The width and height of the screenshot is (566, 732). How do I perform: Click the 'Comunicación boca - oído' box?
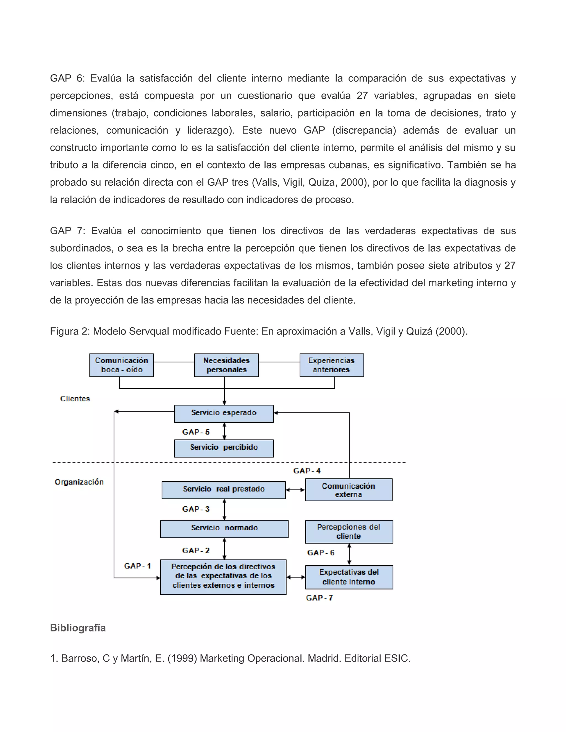(x=121, y=365)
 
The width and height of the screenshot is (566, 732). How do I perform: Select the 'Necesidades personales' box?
(x=226, y=365)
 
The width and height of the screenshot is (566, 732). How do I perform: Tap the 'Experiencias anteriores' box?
(x=331, y=365)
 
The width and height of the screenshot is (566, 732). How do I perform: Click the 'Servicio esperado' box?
(x=224, y=413)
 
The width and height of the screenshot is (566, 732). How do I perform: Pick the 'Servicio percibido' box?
(x=224, y=448)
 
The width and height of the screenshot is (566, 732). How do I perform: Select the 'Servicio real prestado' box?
(x=224, y=490)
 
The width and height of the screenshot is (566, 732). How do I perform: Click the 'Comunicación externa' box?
(x=348, y=490)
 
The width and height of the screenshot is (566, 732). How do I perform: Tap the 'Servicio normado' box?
(x=224, y=528)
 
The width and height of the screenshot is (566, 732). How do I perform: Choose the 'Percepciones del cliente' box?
(x=349, y=531)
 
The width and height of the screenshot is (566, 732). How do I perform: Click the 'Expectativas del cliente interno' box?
(x=349, y=577)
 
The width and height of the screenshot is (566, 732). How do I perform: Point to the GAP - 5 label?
(x=196, y=432)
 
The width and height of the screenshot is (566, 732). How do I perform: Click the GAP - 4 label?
(x=307, y=471)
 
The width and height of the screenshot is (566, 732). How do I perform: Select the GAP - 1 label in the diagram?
(x=137, y=566)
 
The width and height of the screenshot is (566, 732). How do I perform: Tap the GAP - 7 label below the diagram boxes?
(x=319, y=597)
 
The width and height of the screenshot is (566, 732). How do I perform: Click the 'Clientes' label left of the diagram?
(x=75, y=399)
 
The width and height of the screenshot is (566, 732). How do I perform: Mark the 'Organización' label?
(x=79, y=482)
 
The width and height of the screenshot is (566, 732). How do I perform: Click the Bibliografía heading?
(x=78, y=628)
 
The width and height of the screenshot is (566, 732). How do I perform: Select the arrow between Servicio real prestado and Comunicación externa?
(x=295, y=490)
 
